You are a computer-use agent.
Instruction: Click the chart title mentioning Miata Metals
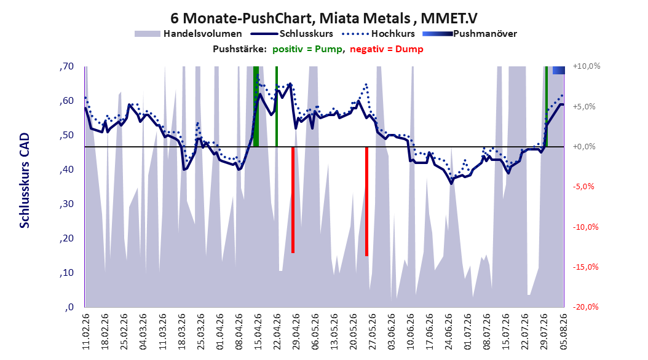(323, 18)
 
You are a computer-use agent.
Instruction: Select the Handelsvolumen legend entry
(188, 34)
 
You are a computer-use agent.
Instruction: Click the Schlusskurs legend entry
(292, 34)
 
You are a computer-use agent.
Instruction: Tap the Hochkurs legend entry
(378, 34)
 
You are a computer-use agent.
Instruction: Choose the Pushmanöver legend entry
(470, 34)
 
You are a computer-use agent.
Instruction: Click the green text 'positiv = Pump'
(307, 49)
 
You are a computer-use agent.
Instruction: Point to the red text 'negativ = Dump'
(387, 49)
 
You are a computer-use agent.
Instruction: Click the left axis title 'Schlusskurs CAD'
(25, 181)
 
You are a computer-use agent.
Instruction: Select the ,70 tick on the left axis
(66, 66)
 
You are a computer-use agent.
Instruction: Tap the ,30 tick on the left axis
(66, 204)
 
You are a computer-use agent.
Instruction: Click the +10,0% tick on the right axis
(587, 66)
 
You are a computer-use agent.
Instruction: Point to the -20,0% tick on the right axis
(585, 307)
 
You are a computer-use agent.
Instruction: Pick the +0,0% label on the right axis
(584, 147)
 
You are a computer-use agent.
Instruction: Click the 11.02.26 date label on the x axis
(86, 332)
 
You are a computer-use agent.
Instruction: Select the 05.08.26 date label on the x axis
(563, 332)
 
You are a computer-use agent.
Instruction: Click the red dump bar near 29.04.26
(293, 200)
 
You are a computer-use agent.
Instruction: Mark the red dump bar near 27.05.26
(366, 202)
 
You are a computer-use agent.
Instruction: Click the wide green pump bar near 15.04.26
(256, 106)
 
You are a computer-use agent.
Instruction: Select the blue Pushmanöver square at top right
(559, 70)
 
